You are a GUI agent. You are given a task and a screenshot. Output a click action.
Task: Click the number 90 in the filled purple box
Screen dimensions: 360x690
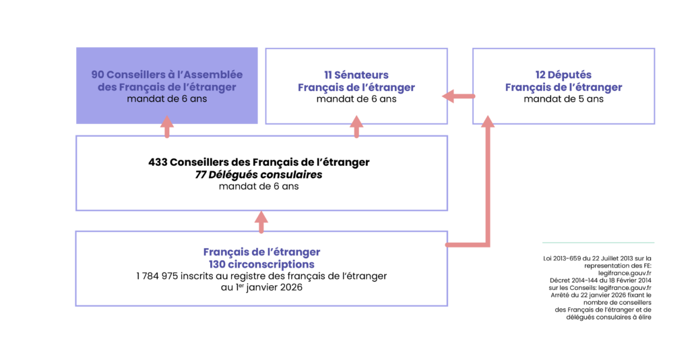tap(98, 75)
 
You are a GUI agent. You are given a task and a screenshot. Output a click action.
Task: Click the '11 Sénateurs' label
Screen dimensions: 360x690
tap(356, 75)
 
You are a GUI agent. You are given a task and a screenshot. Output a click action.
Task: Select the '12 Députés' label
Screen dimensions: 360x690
tap(563, 75)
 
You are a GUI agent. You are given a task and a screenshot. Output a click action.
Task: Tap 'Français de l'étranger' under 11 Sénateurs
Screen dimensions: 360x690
tap(356, 88)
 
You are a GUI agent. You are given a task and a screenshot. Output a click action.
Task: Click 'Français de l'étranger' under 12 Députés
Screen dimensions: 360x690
tap(563, 88)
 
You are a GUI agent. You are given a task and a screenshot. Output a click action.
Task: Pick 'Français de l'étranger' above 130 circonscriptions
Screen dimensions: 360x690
tap(261, 251)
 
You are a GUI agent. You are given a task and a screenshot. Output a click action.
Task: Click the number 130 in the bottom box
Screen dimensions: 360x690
tap(218, 265)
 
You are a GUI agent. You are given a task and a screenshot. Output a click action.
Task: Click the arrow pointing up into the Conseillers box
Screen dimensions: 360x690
tap(166, 126)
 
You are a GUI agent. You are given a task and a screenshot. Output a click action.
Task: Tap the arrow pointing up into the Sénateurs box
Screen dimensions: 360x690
tap(356, 126)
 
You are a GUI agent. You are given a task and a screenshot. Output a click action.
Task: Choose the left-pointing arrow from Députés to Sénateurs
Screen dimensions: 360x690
tap(458, 97)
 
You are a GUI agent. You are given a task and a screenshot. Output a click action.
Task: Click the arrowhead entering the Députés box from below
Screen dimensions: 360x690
tap(487, 121)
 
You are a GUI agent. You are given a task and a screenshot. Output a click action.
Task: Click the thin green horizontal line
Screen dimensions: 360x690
tap(598, 242)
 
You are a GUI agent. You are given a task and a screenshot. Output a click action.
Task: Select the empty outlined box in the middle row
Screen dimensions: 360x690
tap(261, 173)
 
